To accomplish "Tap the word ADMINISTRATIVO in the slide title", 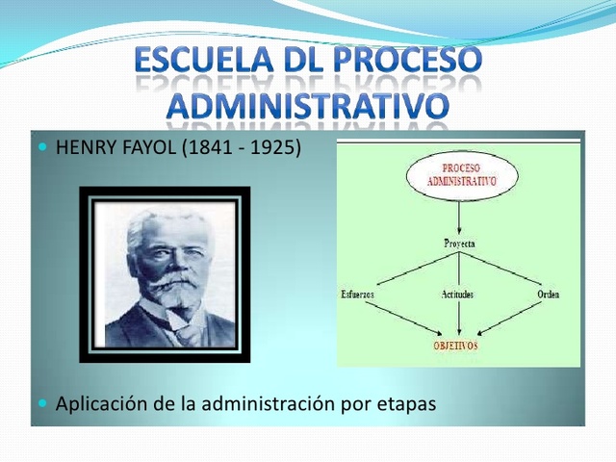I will (308, 105).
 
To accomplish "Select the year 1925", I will (270, 148).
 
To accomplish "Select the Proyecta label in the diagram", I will (459, 244).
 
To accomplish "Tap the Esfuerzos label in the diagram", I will (358, 294).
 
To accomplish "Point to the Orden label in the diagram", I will (548, 294).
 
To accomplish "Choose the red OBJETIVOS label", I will (453, 345).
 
